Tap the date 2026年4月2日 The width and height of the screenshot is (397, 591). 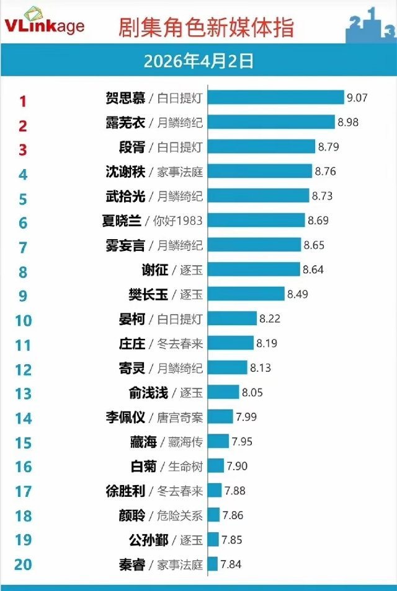198,61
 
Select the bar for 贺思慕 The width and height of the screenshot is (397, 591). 276,98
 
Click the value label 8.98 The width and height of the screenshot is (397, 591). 348,122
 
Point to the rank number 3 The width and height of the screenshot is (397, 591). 23,150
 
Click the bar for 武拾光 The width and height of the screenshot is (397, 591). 259,196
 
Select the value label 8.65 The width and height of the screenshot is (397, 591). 314,245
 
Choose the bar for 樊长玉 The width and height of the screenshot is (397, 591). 246,294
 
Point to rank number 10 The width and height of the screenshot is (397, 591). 23,320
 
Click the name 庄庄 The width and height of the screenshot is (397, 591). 132,343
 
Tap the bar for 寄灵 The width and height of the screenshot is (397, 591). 228,368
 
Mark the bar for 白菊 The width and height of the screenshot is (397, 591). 216,465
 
